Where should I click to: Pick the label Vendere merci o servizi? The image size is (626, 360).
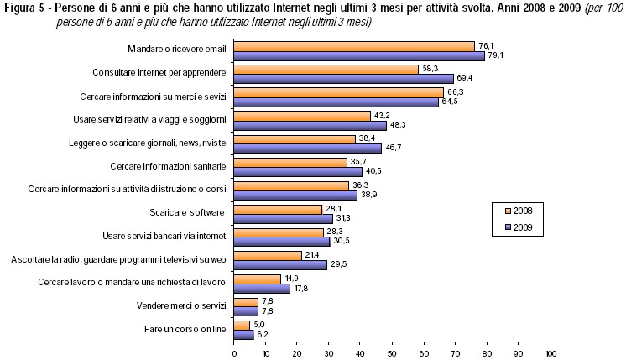coord(181,306)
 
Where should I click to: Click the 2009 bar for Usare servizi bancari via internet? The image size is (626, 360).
coord(282,241)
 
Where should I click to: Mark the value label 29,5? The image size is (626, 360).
coord(337,264)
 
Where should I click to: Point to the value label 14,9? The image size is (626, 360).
coord(291,278)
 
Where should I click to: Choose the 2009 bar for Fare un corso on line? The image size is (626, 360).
coord(243,334)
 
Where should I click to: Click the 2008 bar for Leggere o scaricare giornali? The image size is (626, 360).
coord(295,139)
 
